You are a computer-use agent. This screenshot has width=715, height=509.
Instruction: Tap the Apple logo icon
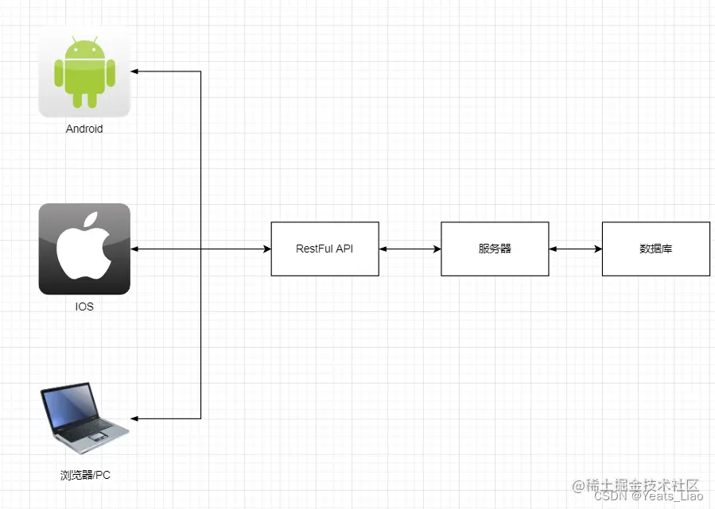84,249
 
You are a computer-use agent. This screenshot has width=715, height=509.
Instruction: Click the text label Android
84,129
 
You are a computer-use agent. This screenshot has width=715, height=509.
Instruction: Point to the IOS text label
84,307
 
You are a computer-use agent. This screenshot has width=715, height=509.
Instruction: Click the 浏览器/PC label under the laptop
85,475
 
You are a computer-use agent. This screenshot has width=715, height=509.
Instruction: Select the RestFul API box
324,249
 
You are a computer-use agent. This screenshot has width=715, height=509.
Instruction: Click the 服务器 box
495,249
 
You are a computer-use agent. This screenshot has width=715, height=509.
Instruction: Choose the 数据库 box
656,249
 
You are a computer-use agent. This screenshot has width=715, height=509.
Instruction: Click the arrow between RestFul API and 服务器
410,249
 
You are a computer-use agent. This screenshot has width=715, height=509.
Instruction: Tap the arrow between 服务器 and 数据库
575,249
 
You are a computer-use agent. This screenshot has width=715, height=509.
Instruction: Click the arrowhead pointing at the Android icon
135,71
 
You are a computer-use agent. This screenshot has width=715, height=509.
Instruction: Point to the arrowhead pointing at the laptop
135,418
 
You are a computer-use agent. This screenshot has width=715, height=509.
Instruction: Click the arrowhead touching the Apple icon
134,249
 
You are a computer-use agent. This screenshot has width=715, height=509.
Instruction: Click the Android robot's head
84,49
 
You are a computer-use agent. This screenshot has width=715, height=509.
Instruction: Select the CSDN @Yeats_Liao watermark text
648,496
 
